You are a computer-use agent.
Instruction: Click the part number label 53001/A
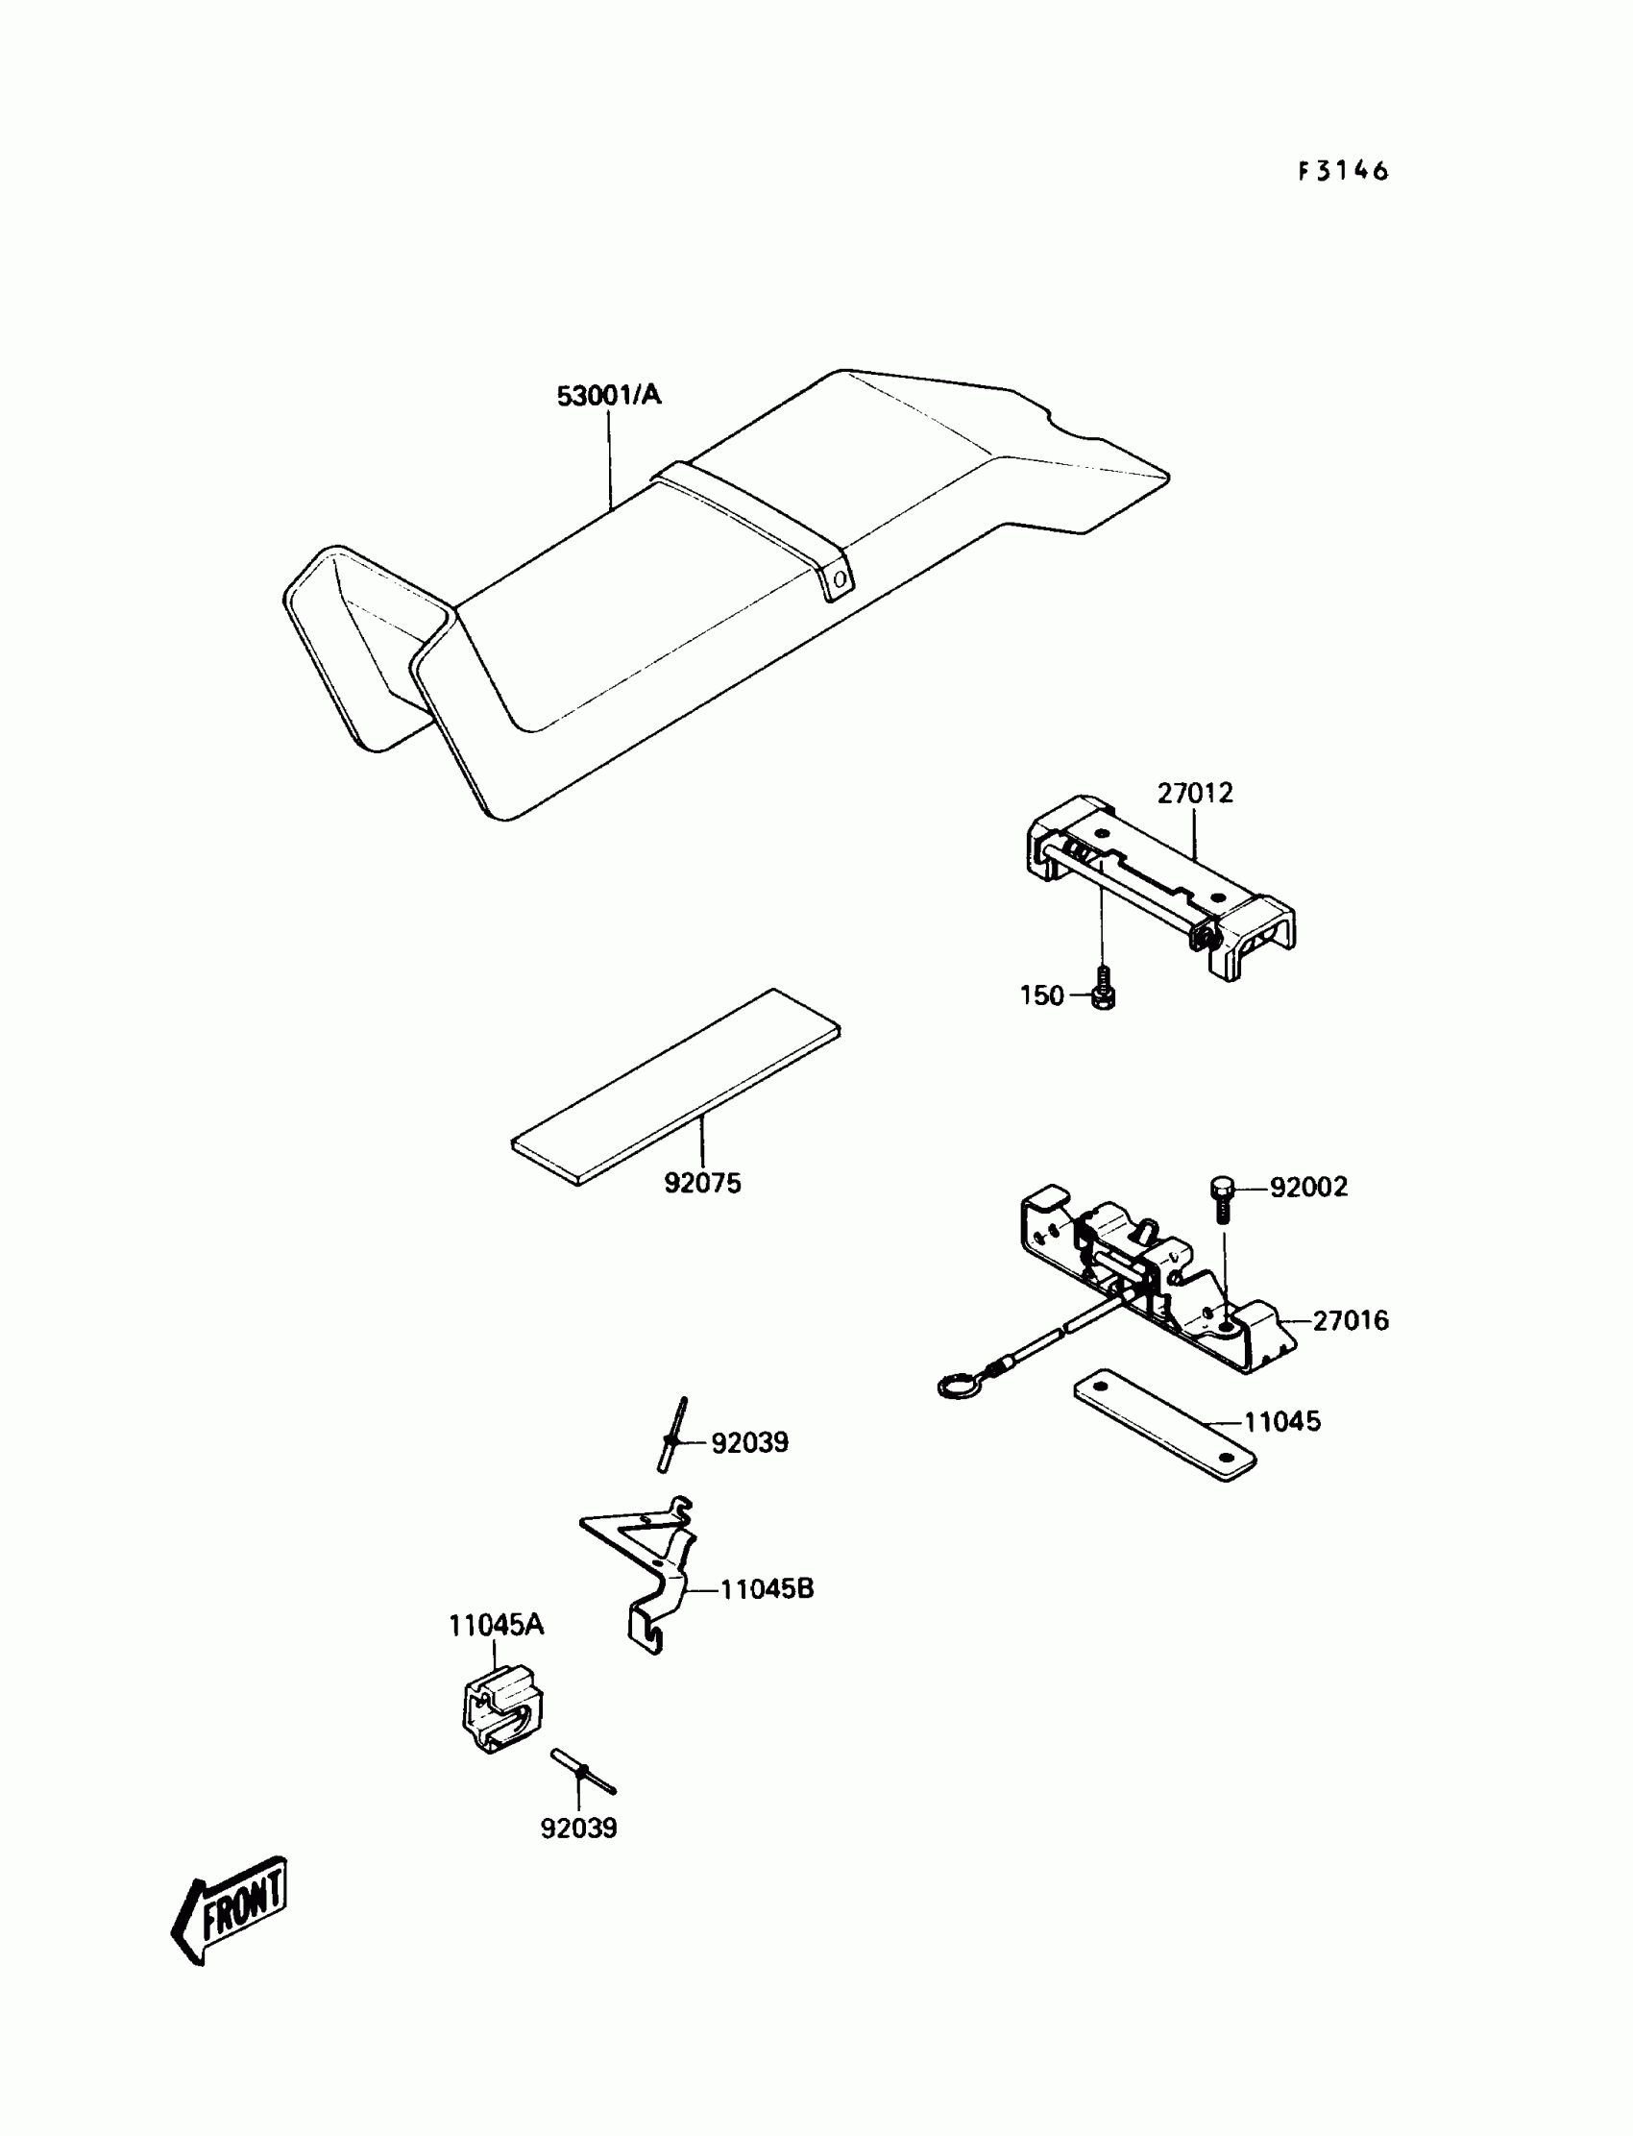click(608, 396)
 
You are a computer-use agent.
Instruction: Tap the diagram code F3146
click(1343, 171)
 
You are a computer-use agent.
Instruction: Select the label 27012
click(1195, 794)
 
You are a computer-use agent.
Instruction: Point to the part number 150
click(1041, 995)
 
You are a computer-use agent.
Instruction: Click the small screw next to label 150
click(1103, 989)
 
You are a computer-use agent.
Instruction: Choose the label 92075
click(702, 1183)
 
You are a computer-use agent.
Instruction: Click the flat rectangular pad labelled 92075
click(676, 1086)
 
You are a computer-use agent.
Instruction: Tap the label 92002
click(1308, 1187)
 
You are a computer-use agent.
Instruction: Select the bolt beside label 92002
click(1223, 1199)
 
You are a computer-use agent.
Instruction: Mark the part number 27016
click(1351, 1320)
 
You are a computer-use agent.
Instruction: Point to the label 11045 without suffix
click(1282, 1421)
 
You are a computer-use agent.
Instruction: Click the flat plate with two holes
click(1164, 1424)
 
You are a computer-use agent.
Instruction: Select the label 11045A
click(496, 1625)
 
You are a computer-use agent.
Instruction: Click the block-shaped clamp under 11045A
click(501, 1708)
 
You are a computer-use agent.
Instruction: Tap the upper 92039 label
click(749, 1442)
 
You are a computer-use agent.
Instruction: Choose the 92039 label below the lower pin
click(578, 1828)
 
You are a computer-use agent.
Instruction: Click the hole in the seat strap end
click(839, 580)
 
